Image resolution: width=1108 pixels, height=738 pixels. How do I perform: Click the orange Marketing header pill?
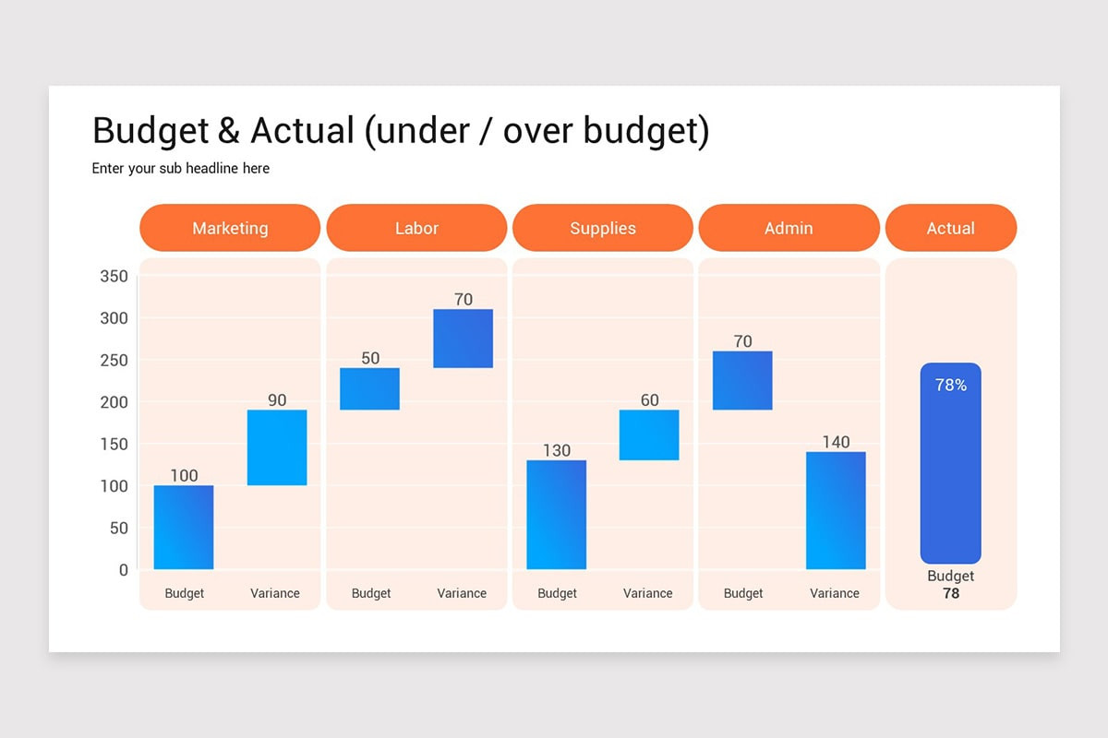tap(230, 228)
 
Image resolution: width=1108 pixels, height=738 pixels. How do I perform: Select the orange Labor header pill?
tap(416, 228)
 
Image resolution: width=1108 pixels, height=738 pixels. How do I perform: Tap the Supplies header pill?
tap(602, 228)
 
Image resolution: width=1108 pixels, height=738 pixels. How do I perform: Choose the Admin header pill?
tap(789, 228)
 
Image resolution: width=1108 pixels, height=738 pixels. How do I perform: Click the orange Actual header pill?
tap(950, 228)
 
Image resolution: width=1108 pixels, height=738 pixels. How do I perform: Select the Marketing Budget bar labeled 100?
tap(184, 527)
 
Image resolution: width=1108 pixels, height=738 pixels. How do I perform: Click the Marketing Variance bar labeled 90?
tap(277, 447)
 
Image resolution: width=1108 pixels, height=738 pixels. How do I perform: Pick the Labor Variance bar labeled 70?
tap(464, 339)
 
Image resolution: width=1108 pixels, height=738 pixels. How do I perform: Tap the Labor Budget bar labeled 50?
tap(370, 388)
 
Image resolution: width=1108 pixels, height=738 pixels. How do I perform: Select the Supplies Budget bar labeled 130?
tap(557, 515)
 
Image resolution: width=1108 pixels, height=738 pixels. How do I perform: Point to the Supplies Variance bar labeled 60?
tap(649, 434)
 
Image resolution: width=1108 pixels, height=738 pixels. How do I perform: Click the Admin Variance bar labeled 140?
tap(836, 510)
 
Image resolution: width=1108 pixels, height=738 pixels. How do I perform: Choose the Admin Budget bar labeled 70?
tap(742, 380)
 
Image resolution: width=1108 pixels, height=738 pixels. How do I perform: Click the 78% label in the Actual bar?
tap(950, 385)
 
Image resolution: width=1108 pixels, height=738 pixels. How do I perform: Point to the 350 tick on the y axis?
tap(114, 276)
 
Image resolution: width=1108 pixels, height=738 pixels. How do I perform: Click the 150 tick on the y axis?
tap(114, 444)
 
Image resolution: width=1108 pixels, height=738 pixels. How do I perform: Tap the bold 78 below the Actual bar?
tap(950, 593)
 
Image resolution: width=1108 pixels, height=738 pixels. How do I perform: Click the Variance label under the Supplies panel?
tap(647, 593)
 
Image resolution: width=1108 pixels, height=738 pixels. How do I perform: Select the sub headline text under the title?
tap(181, 168)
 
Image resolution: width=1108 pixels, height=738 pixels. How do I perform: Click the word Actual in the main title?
tap(302, 131)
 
